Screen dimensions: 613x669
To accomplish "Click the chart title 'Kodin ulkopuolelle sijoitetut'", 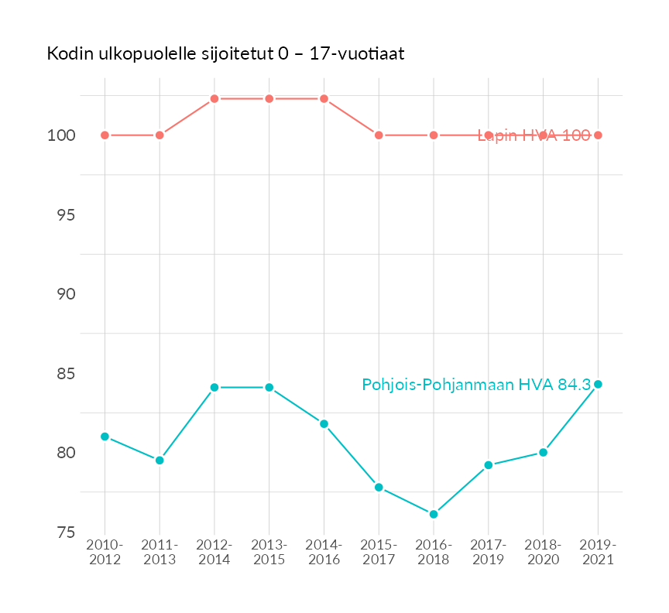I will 225,54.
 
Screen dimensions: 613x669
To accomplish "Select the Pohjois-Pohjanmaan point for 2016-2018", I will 434,514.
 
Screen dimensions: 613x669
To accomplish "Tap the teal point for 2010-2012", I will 105,437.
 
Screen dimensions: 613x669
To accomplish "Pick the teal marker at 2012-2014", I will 214,387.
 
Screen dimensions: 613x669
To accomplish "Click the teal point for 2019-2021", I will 598,384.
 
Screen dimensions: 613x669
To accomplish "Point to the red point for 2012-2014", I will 214,98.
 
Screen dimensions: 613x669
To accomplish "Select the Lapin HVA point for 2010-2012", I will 105,135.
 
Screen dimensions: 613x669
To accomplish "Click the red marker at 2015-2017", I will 379,135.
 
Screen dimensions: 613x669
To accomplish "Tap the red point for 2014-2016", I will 324,98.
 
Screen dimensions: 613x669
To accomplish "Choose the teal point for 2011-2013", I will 160,460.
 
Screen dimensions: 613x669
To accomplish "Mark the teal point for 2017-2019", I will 489,465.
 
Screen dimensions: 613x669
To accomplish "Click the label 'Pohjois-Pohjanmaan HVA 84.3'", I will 476,384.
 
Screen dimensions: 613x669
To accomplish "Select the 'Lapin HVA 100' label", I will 533,135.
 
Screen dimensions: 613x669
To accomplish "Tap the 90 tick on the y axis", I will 65,294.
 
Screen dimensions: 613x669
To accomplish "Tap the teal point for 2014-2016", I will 324,423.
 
